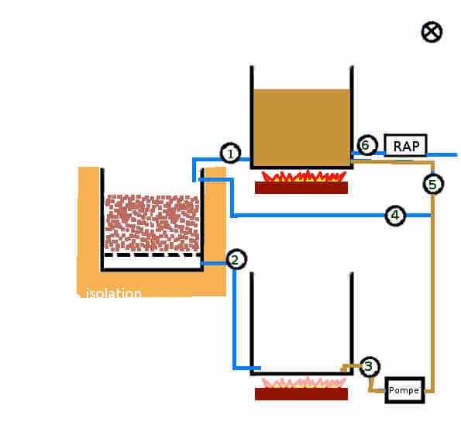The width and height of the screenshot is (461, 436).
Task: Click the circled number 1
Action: (231, 153)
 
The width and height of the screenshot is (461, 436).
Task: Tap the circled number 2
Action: (236, 259)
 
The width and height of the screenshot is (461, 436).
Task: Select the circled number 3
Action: (370, 366)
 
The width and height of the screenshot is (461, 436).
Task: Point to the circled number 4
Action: (395, 215)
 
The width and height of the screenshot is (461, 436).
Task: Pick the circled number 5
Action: (433, 184)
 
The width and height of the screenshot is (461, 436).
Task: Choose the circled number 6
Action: (367, 145)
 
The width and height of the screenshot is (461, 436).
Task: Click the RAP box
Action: (406, 145)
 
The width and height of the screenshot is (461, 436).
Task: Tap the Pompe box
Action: (405, 390)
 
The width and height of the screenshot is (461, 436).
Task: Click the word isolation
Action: (114, 293)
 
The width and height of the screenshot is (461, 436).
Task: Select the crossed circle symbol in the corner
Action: (432, 32)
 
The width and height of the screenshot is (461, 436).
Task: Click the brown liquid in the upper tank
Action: (301, 127)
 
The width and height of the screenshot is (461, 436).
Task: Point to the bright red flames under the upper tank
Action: (304, 176)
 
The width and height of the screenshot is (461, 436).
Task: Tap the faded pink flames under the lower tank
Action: (304, 382)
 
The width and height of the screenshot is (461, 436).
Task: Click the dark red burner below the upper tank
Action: (301, 188)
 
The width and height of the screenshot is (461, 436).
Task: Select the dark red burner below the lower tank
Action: (301, 394)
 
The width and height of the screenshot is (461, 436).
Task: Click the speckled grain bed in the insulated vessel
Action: (153, 223)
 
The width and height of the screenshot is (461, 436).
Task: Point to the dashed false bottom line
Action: (153, 254)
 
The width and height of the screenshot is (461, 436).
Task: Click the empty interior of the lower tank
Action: (301, 321)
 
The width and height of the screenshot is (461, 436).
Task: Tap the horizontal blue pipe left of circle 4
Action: (308, 216)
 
